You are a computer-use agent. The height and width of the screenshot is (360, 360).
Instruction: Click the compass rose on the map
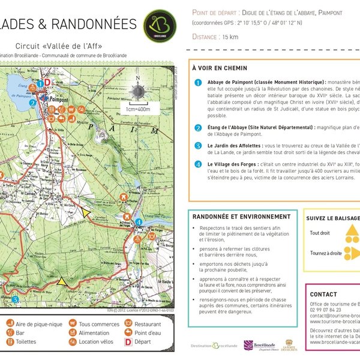tap(138, 90)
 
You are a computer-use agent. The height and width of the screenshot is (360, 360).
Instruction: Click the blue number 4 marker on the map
tap(139, 222)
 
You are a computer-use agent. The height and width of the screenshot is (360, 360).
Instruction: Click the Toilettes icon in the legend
tap(11, 342)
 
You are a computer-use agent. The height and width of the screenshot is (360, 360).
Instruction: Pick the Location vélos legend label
tap(99, 342)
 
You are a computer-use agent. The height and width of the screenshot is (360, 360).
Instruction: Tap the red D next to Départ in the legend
tap(127, 342)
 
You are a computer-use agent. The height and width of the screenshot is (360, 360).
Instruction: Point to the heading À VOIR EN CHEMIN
tap(219, 68)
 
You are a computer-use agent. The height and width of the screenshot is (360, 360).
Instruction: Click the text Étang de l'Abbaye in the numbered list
tap(231, 127)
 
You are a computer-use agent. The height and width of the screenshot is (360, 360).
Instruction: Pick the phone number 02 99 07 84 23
tap(328, 310)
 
